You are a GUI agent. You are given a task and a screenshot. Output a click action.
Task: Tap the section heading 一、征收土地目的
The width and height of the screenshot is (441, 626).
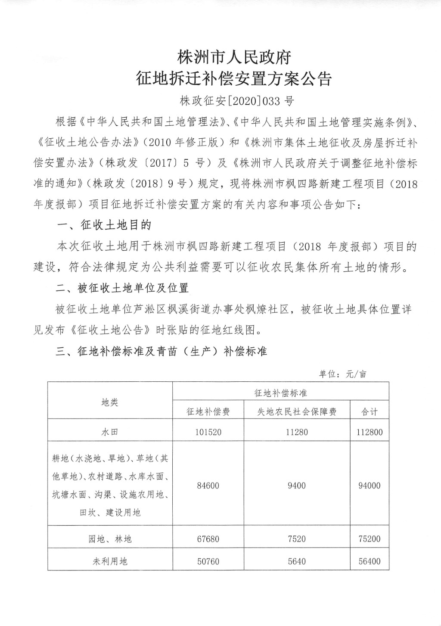click(104, 225)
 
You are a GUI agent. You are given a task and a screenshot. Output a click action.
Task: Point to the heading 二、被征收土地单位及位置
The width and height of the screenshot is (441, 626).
click(122, 287)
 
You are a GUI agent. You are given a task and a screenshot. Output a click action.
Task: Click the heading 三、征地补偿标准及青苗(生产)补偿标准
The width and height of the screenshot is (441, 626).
click(161, 352)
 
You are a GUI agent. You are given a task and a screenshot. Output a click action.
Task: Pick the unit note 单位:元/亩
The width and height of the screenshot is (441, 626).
click(342, 374)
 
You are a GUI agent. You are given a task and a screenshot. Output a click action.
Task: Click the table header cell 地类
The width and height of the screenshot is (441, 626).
click(110, 402)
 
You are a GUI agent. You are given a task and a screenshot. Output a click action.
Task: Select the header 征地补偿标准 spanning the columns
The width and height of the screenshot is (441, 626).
click(280, 393)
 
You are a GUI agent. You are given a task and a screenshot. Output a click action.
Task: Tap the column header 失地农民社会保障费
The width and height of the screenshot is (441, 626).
click(297, 412)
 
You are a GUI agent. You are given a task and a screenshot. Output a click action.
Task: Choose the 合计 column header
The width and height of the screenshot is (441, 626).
click(369, 412)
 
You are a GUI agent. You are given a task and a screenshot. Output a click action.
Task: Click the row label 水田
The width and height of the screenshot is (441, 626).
click(110, 432)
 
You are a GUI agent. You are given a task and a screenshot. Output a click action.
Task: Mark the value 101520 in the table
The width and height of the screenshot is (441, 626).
click(208, 432)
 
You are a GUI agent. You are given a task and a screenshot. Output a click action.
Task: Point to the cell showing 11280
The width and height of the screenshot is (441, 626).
click(297, 432)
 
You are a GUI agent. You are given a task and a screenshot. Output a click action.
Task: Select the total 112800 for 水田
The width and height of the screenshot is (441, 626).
click(369, 432)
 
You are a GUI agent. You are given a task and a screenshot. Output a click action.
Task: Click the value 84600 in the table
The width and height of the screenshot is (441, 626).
click(208, 486)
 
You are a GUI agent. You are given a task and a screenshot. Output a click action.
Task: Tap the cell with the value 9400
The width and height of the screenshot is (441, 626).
click(297, 486)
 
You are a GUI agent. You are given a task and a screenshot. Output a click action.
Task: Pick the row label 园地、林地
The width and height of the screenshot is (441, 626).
click(110, 539)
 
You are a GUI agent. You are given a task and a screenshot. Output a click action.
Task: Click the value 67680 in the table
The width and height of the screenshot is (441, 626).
click(208, 539)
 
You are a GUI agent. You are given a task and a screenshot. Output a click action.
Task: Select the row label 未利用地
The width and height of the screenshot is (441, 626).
click(110, 561)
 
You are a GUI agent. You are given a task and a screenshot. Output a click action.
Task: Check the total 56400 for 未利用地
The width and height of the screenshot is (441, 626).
click(369, 561)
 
